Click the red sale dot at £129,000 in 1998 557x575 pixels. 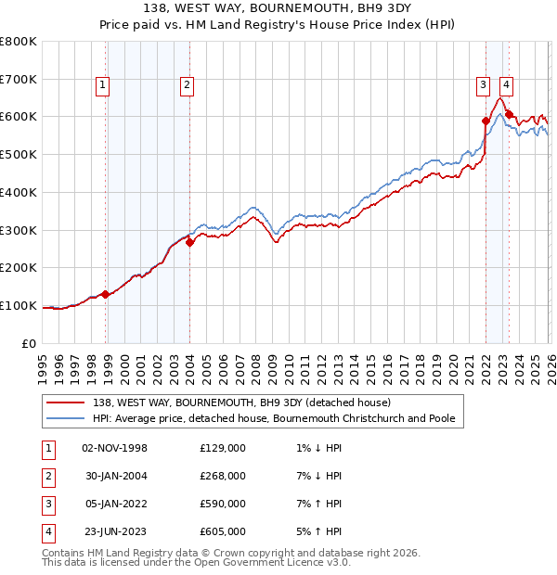pos(106,294)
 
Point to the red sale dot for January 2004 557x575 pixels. pos(189,242)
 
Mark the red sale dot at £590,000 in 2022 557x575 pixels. pos(486,121)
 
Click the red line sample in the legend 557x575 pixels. pos(66,402)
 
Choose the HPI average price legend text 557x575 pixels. pos(274,418)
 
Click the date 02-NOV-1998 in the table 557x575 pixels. pos(114,448)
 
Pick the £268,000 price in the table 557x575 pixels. pos(223,476)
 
